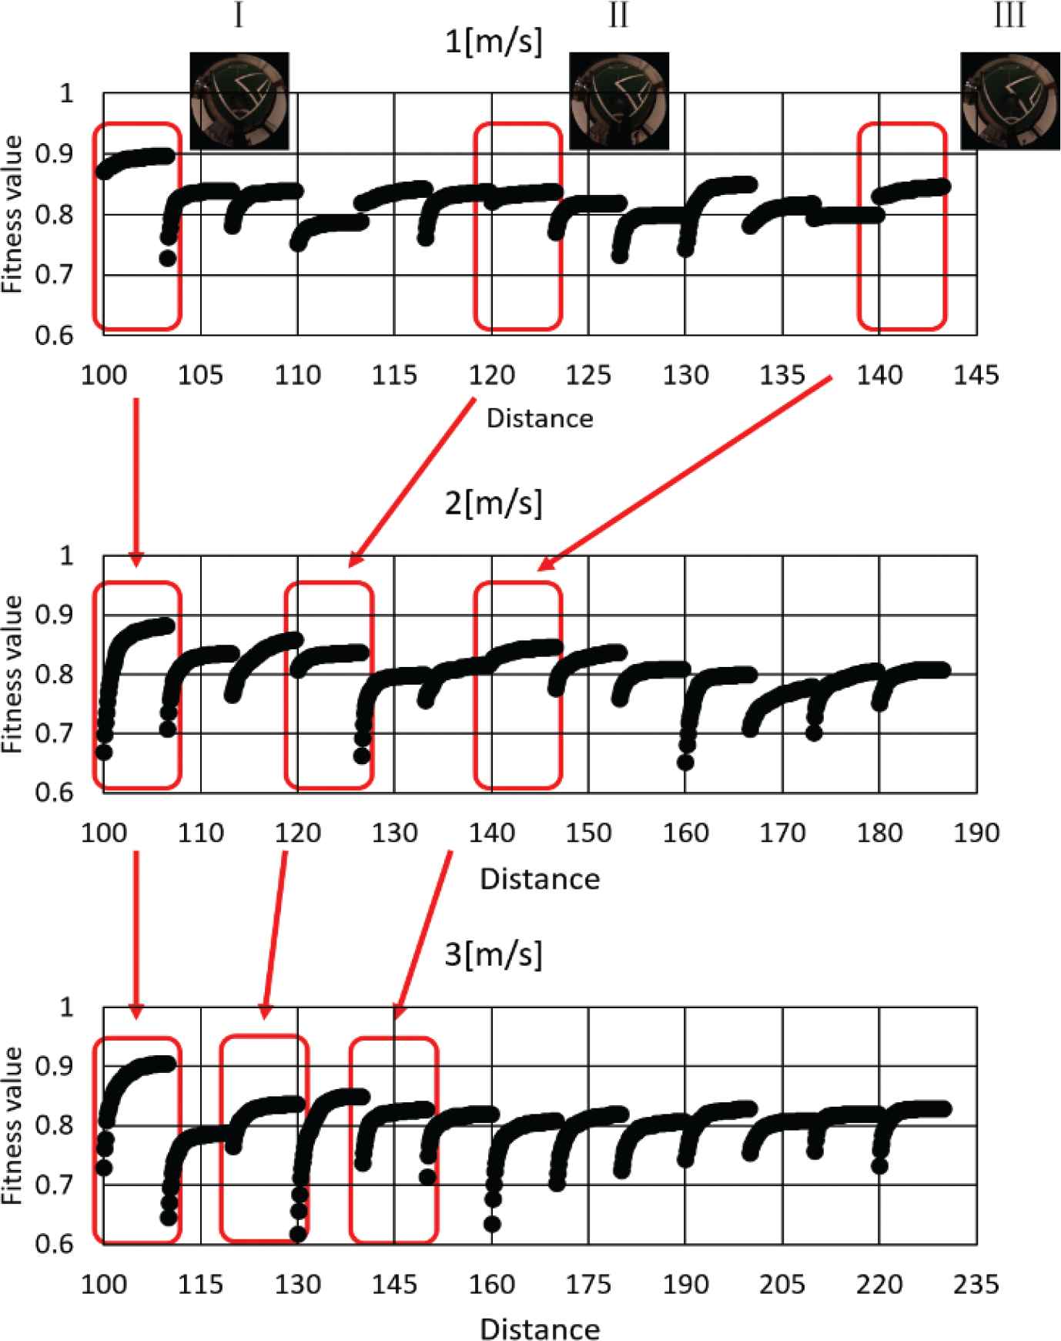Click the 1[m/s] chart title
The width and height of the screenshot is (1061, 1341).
[494, 42]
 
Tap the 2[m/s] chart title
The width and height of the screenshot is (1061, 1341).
[494, 504]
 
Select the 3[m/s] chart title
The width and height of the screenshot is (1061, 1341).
[494, 955]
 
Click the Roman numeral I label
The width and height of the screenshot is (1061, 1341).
[239, 15]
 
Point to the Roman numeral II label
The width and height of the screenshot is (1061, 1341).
[618, 15]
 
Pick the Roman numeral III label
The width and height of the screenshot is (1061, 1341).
[1009, 15]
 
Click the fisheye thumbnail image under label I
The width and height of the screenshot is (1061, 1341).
[239, 101]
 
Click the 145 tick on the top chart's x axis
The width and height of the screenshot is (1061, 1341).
[976, 376]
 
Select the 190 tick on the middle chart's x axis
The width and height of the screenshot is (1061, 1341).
[976, 833]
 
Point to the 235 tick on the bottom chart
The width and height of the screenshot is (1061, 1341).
[976, 1284]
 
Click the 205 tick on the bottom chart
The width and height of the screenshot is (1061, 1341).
[782, 1284]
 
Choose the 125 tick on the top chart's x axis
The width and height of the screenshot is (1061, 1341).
[588, 376]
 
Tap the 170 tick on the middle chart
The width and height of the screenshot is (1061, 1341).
[782, 833]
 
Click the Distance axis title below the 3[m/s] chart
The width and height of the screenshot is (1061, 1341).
[540, 1329]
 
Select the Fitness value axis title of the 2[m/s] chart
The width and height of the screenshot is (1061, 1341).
[12, 675]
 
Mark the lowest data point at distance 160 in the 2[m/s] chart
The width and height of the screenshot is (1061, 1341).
[685, 763]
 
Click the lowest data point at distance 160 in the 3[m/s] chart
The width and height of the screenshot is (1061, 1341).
[492, 1223]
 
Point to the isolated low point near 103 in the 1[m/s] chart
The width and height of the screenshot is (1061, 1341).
[167, 258]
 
